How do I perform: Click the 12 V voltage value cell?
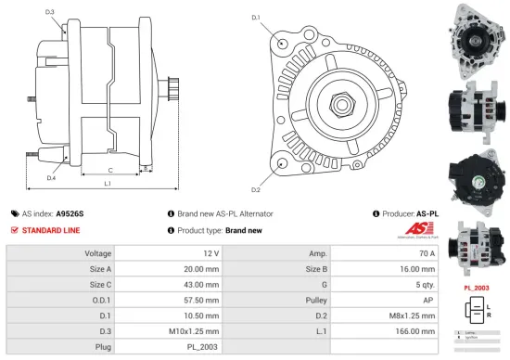pos(210,253)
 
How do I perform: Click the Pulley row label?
pos(317,300)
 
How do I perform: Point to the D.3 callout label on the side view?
pos(49,12)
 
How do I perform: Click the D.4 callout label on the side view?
pos(51,176)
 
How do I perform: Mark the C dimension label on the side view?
pos(110,170)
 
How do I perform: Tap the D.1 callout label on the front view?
pos(256,18)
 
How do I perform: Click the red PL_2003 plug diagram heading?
pos(476,288)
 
